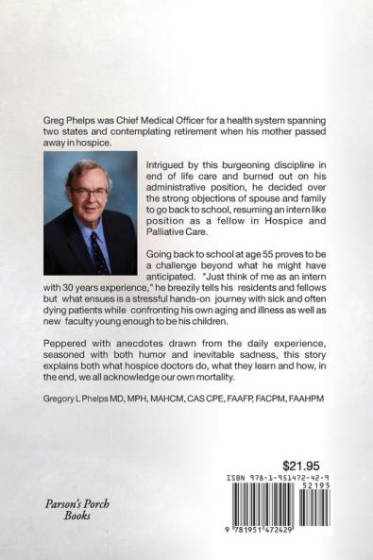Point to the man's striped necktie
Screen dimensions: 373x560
[97, 250]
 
